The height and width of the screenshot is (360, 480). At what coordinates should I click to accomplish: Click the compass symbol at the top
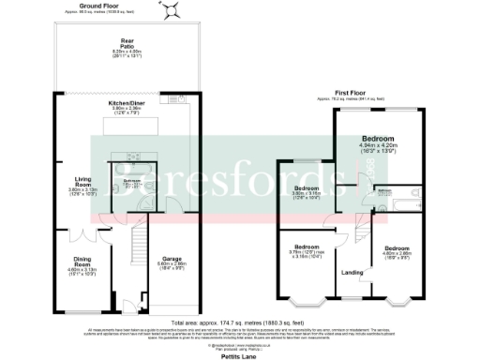pyautogui.click(x=171, y=10)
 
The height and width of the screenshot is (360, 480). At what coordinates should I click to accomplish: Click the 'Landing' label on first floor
pyautogui.click(x=352, y=273)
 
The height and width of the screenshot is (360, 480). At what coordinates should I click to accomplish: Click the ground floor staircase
pyautogui.click(x=138, y=262)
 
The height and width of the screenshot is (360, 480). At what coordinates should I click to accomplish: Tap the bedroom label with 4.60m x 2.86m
pyautogui.click(x=397, y=250)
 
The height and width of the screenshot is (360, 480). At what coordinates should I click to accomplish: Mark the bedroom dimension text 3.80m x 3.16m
pyautogui.click(x=307, y=195)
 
